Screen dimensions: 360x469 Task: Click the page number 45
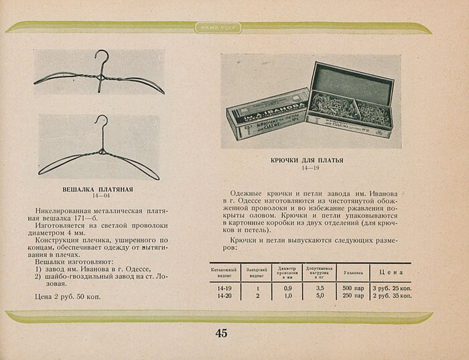(221, 333)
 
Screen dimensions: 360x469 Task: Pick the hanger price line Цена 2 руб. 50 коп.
(68, 296)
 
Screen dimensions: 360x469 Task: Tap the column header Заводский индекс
(257, 272)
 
